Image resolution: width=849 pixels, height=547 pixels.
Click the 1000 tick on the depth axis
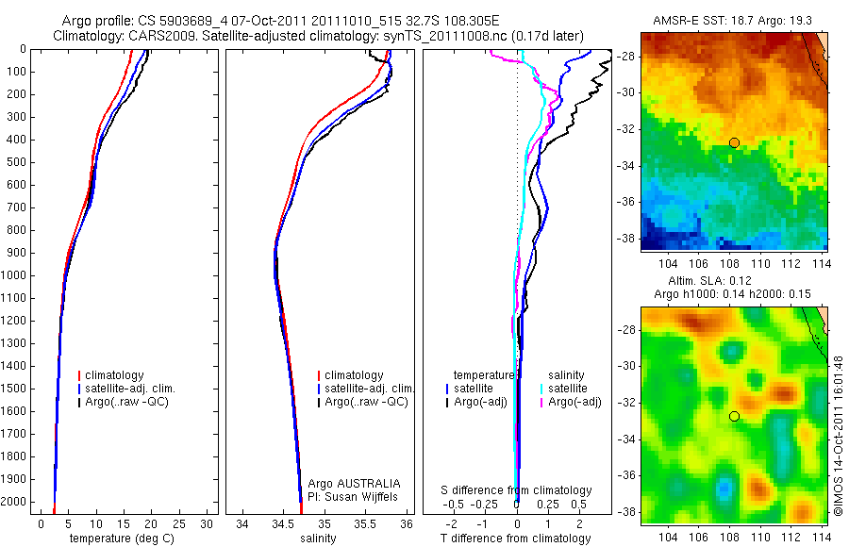[15, 275]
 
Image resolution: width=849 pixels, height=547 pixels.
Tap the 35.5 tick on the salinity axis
[365, 523]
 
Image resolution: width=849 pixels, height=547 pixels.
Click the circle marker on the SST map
[734, 142]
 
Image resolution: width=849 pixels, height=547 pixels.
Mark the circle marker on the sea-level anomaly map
[734, 416]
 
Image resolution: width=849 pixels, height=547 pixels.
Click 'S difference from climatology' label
[517, 490]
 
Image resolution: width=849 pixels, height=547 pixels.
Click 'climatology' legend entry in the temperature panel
[116, 375]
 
